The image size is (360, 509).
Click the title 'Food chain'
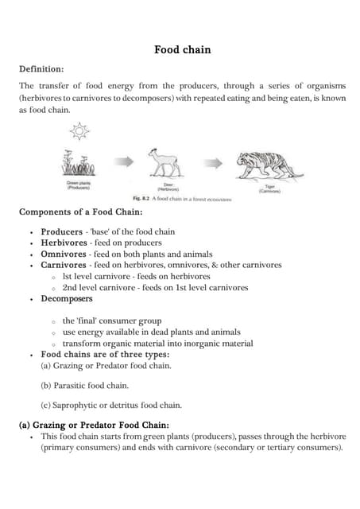point(182,50)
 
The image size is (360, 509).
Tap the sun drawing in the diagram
point(80,130)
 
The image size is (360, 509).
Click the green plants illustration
point(78,166)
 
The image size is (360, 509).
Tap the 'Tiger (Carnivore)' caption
point(270,189)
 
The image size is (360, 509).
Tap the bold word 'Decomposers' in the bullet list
point(67,299)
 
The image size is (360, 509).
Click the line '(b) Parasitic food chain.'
point(84,385)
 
